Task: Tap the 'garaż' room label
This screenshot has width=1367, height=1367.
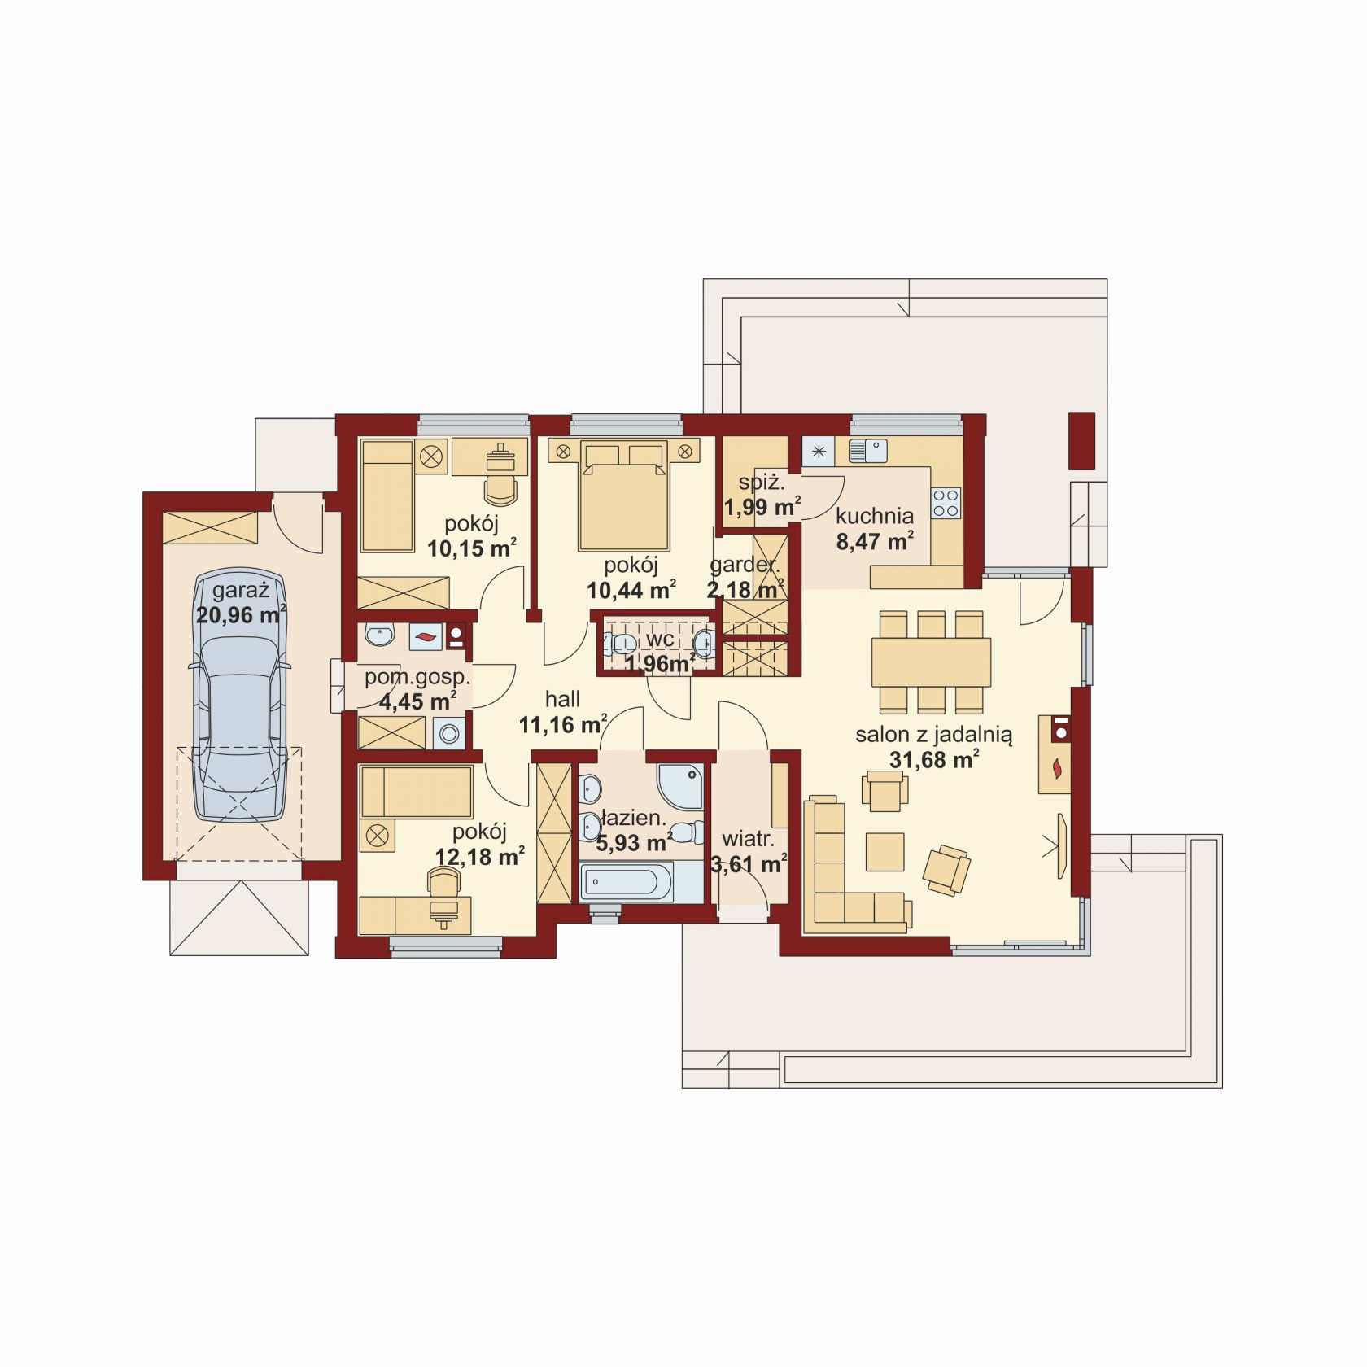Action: point(241,590)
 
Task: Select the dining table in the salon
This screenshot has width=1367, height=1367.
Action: point(931,662)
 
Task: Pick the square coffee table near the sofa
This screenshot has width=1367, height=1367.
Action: point(884,851)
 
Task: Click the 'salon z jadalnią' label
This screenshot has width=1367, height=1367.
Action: point(933,736)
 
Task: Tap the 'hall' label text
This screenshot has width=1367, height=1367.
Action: point(562,699)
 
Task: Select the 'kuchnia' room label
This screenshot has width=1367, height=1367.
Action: point(875,516)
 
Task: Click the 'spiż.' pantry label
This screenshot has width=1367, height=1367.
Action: point(762,483)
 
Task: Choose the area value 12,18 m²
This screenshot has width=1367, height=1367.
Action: point(479,856)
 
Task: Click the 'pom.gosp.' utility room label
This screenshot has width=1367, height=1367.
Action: point(417,677)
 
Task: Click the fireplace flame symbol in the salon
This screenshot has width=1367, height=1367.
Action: point(1057,766)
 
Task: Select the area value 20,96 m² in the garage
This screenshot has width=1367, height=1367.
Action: point(241,614)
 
